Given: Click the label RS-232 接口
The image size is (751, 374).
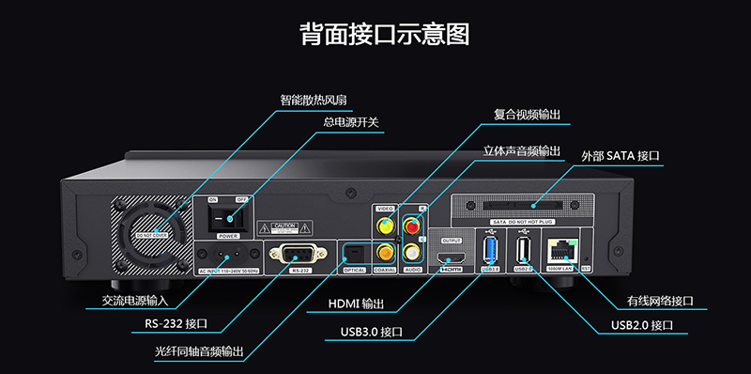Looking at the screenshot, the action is (183, 325).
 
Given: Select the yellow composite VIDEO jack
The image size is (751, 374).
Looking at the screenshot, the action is (384, 226).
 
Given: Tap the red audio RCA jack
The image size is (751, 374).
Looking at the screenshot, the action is (409, 225).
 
